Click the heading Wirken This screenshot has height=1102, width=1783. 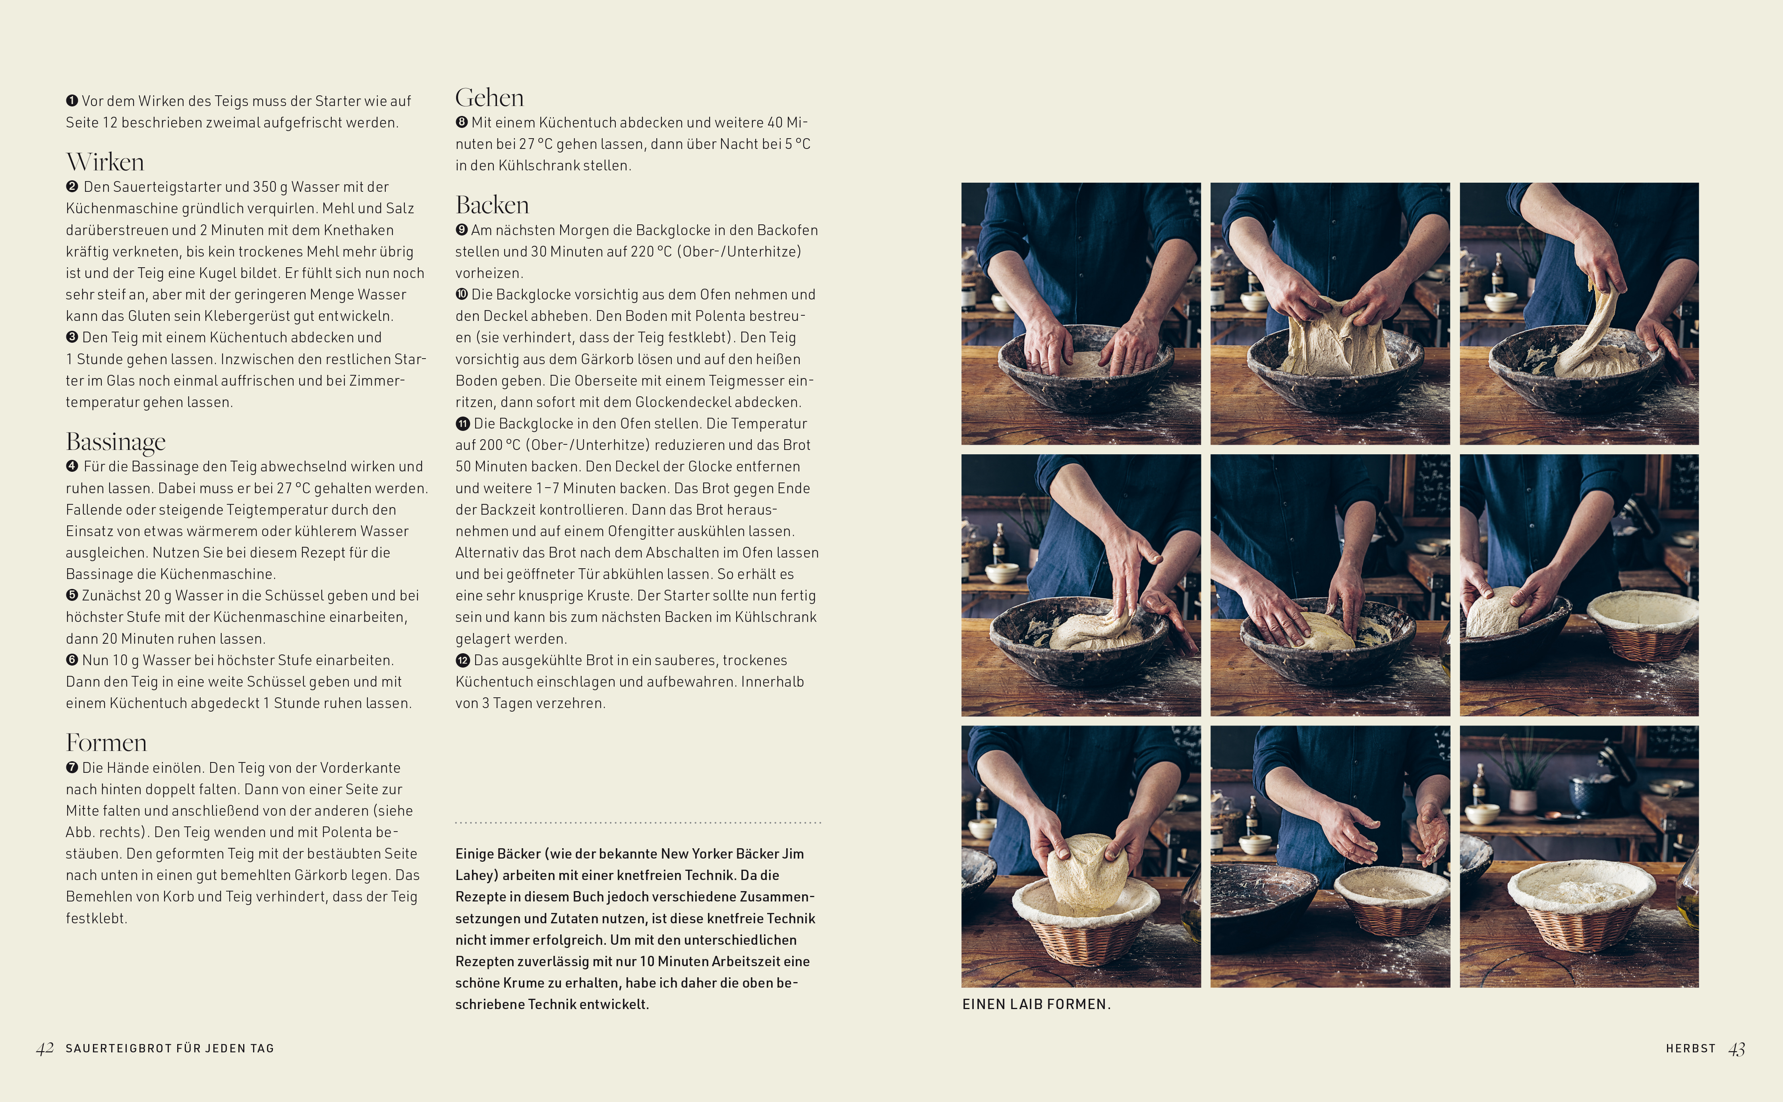point(105,162)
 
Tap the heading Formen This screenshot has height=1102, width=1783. point(106,743)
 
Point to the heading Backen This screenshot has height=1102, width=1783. point(492,205)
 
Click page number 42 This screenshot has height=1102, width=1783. point(45,1049)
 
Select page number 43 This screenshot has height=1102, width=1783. point(1737,1049)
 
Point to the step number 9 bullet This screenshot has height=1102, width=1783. point(461,230)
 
